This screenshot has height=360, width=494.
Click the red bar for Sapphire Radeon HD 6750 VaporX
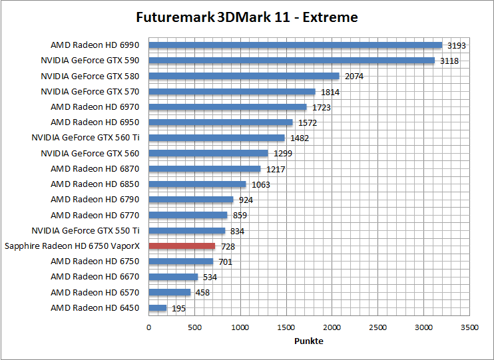[182, 246]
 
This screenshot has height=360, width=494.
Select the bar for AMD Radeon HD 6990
[295, 45]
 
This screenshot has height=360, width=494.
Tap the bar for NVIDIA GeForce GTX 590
[292, 61]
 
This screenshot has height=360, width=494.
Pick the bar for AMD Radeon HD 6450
[158, 308]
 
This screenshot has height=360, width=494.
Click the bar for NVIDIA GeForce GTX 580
[244, 76]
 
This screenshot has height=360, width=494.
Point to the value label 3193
[457, 46]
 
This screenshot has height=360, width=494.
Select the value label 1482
[300, 138]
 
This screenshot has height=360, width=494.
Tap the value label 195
[179, 309]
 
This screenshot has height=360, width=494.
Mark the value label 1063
[261, 185]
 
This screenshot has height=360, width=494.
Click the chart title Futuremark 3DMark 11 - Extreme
[247, 17]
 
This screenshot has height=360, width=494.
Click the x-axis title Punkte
[309, 341]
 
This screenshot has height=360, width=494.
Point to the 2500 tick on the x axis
[378, 327]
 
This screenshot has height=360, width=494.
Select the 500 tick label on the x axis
[194, 327]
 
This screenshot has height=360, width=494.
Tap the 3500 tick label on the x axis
[470, 327]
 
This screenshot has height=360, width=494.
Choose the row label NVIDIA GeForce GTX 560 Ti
[85, 138]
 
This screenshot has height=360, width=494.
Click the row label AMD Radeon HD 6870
[95, 169]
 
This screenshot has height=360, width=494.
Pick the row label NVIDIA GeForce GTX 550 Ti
[85, 231]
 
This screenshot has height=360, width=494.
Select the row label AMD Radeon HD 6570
[95, 293]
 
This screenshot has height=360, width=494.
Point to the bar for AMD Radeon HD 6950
[220, 122]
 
